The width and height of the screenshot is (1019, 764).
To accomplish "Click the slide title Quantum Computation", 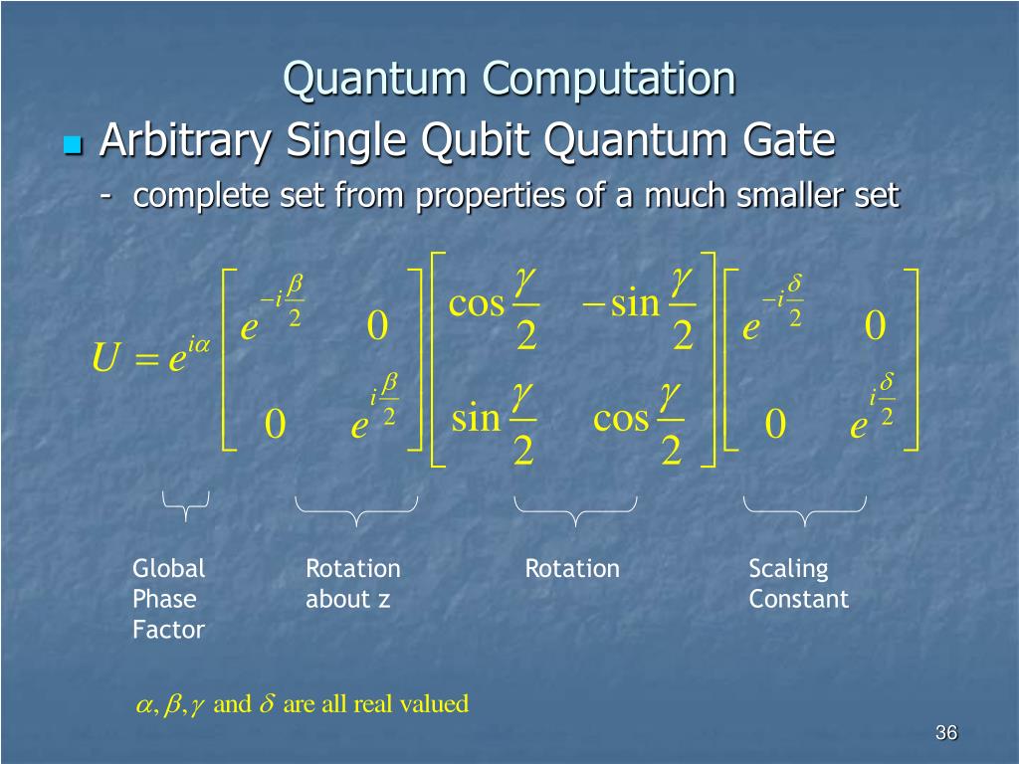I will point(509,80).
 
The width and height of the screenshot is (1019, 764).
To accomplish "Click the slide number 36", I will point(945,733).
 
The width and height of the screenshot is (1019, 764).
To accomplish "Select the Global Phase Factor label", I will point(169,599).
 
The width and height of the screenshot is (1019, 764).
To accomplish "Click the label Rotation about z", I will point(352,584).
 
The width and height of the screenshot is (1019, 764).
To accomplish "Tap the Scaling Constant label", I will point(798,584).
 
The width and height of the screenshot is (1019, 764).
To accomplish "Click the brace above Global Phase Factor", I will point(186,505).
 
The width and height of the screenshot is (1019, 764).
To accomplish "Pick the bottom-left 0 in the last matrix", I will point(775,426).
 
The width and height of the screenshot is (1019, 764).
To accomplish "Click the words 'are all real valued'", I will point(375,704).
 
